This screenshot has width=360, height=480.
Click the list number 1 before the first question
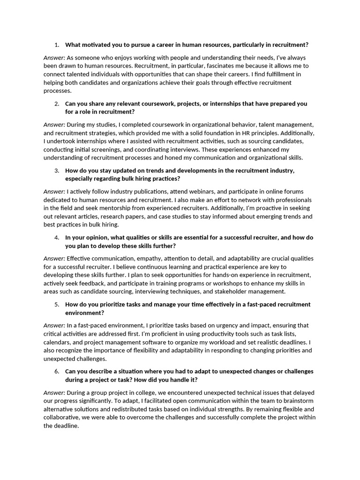pyautogui.click(x=57, y=45)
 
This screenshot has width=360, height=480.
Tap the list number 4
pyautogui.click(x=57, y=238)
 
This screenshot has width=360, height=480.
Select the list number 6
pyautogui.click(x=57, y=371)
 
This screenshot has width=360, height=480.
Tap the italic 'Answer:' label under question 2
pyautogui.click(x=54, y=125)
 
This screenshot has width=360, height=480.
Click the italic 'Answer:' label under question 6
pyautogui.click(x=54, y=392)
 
